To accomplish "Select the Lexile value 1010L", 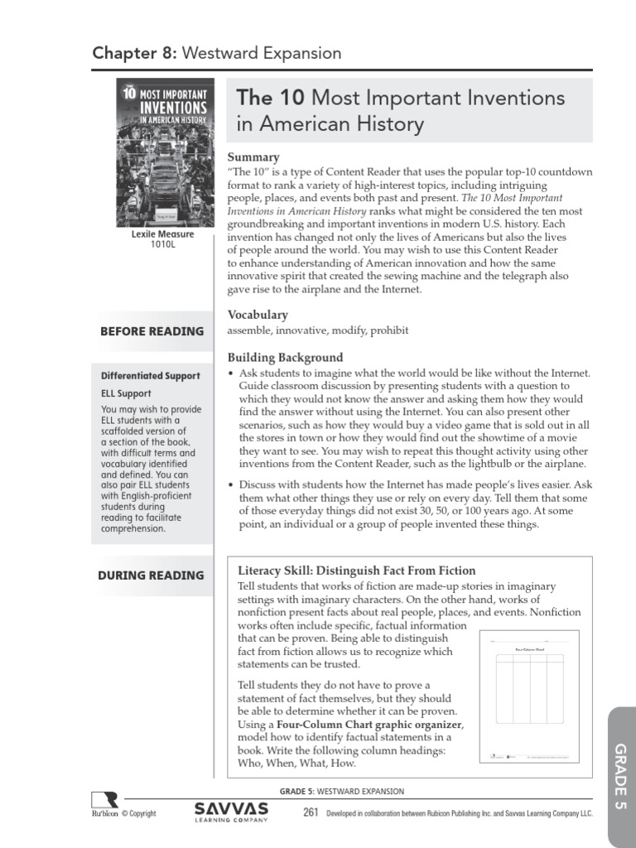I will pos(163,245).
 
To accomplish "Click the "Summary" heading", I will pos(253,157).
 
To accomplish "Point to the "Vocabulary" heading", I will pos(258,315).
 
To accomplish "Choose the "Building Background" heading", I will pos(285,358).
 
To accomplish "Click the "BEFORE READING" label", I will pos(152,331).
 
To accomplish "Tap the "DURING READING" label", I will pos(152,575).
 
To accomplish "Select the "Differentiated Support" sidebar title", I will pos(151,375).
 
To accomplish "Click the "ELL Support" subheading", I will pos(127,393).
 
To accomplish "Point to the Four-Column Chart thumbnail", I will pos(529,696).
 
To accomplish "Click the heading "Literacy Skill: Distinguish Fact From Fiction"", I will pos(356,571).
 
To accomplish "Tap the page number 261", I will pos(311,812).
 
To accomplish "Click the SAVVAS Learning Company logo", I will pos(231,811).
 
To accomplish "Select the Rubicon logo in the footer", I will pos(104,804).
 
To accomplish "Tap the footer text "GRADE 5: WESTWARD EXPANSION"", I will pos(342,792).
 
